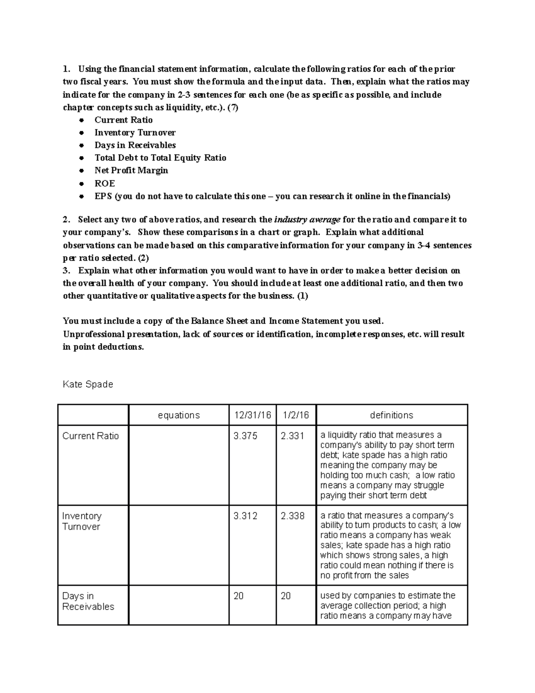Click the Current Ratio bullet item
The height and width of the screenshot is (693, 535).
123,120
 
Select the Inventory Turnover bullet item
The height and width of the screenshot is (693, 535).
135,133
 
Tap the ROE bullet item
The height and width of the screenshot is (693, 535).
105,183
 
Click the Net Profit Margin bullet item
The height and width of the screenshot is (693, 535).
131,170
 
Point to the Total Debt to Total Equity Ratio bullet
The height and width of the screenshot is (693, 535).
160,158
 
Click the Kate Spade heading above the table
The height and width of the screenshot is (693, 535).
88,384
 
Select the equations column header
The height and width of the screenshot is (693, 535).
179,415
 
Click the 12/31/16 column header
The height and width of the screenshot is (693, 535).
252,415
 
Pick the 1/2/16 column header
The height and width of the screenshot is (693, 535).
296,415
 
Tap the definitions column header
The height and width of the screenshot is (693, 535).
391,415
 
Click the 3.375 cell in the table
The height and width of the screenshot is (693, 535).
245,436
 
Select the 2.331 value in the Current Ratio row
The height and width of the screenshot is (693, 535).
292,436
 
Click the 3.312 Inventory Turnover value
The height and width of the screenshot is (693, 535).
245,516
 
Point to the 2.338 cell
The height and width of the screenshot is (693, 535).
292,516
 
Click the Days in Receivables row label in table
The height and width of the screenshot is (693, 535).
88,601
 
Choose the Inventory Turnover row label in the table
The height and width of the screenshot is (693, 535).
82,521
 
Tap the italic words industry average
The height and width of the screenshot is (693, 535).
307,220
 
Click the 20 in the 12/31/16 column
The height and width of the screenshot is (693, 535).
239,596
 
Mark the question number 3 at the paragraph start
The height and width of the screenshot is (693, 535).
66,271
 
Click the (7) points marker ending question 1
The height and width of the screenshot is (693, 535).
233,108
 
